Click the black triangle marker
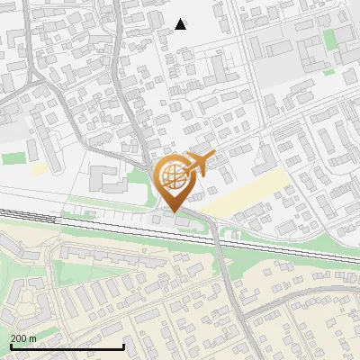[181, 24]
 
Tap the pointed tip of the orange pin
[175, 213]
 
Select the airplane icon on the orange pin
[199, 163]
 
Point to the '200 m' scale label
[23, 338]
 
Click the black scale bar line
[67, 346]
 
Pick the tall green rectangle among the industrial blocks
[329, 40]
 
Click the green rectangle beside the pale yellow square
[13, 158]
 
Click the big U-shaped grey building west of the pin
[108, 180]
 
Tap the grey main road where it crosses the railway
[217, 236]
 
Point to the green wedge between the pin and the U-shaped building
[144, 184]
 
